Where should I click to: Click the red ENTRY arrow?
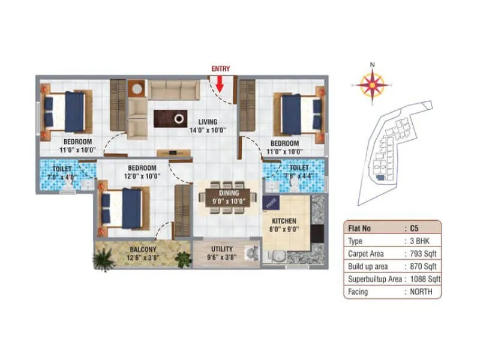click(220, 82)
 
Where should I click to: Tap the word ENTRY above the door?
click(220, 69)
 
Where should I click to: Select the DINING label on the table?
click(229, 193)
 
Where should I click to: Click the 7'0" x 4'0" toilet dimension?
click(62, 178)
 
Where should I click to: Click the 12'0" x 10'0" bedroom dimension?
click(142, 176)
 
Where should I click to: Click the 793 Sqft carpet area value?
click(424, 253)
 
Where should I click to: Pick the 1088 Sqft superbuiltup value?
click(424, 279)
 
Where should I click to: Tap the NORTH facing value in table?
click(421, 292)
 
